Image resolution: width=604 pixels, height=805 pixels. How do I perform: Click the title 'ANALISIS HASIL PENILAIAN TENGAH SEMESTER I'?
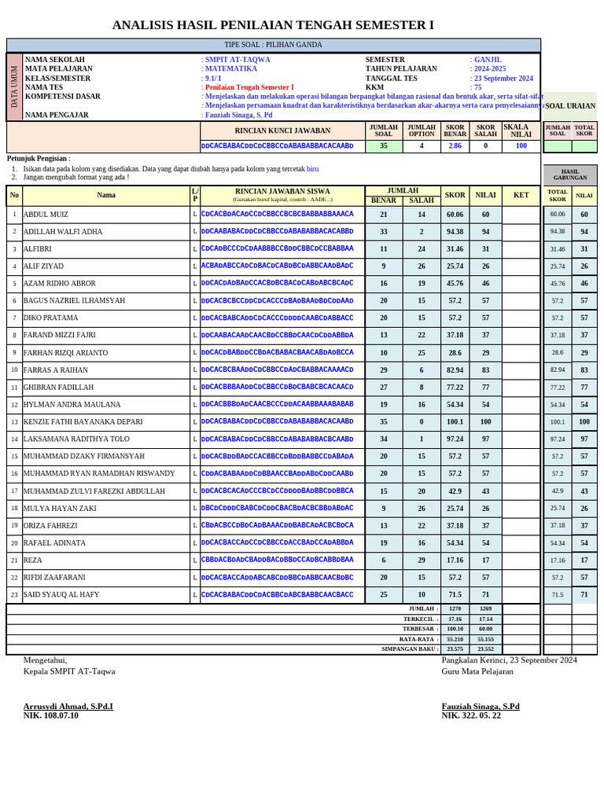pos(273,25)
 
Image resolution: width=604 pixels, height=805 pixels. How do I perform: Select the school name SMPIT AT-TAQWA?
pos(237,60)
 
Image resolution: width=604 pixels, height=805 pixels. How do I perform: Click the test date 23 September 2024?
pos(503,79)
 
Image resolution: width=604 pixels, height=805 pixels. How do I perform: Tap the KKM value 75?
pos(477,87)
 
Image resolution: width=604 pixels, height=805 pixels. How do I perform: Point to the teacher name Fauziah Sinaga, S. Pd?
pos(238,115)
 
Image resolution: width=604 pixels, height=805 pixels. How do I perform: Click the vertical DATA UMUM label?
pos(14,86)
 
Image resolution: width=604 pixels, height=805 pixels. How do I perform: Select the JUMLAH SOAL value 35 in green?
pos(383,145)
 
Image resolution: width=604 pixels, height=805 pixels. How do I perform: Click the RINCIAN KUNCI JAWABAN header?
pos(282,130)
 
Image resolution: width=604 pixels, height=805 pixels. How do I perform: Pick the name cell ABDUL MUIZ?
pos(46,214)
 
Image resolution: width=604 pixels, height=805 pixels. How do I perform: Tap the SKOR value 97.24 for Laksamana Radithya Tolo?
pos(455,439)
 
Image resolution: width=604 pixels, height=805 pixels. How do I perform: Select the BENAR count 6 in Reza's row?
pos(383,561)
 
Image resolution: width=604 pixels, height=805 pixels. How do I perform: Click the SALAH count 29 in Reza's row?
pos(422,561)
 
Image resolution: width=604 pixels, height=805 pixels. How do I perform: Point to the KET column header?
pos(521,195)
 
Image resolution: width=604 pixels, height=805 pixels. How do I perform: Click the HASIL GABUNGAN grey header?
pos(570,175)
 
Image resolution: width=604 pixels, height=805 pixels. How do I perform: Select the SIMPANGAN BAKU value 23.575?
pos(455,649)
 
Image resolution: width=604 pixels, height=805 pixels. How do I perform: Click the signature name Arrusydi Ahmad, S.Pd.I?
pos(68,706)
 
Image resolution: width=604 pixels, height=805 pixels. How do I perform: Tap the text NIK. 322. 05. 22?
pos(471,715)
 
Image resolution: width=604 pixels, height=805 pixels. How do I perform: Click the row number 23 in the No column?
pos(14,595)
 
